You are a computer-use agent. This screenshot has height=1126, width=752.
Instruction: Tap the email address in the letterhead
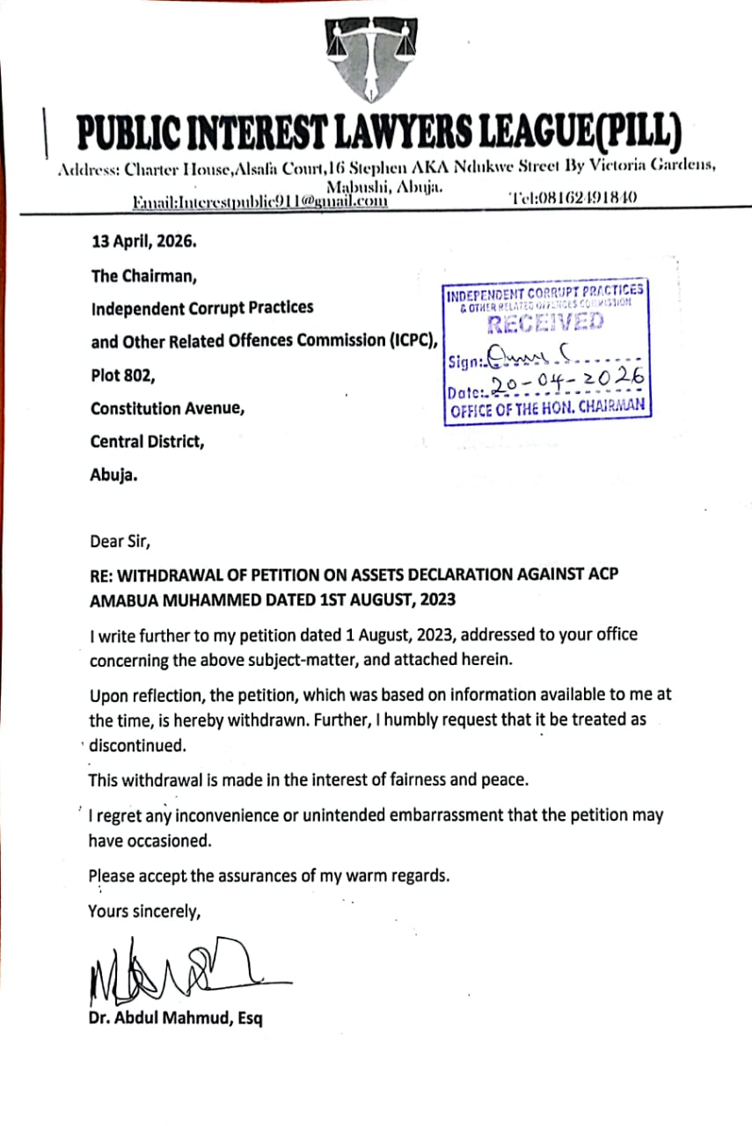pyautogui.click(x=260, y=201)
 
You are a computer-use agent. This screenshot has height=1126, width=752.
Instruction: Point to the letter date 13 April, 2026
pyautogui.click(x=144, y=240)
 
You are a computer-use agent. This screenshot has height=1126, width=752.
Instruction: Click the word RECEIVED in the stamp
pyautogui.click(x=545, y=322)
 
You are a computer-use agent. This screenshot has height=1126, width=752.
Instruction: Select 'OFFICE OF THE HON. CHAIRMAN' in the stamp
pyautogui.click(x=547, y=407)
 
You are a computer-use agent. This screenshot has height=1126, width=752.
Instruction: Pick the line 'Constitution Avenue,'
pyautogui.click(x=167, y=408)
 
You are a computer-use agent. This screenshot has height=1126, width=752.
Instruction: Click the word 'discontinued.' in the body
pyautogui.click(x=138, y=745)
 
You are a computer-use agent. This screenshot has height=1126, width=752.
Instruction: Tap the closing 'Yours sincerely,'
pyautogui.click(x=144, y=911)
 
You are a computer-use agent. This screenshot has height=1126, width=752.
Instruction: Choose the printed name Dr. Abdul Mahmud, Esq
pyautogui.click(x=175, y=1020)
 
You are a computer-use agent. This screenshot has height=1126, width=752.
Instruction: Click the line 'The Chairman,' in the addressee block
pyautogui.click(x=144, y=275)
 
